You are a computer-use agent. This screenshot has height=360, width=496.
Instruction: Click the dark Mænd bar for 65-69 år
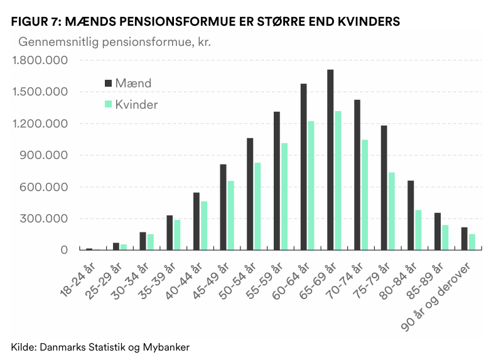coord(330,160)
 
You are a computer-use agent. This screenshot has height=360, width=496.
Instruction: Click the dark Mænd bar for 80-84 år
coord(411,215)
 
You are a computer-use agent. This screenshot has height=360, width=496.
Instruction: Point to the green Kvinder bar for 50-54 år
coord(257,206)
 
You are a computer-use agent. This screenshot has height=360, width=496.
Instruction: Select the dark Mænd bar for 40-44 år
coord(196,221)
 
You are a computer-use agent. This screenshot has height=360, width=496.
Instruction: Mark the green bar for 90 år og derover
coord(472,242)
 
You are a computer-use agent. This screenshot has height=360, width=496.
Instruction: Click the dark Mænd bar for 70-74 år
coord(357,175)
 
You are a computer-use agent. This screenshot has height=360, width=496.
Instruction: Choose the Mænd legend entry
coord(128,83)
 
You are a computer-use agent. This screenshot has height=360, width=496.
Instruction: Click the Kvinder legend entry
coord(131,104)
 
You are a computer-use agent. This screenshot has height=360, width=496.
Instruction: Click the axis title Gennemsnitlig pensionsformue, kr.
coord(114,43)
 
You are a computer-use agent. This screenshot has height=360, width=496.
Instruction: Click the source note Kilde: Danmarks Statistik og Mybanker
coord(100,347)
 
